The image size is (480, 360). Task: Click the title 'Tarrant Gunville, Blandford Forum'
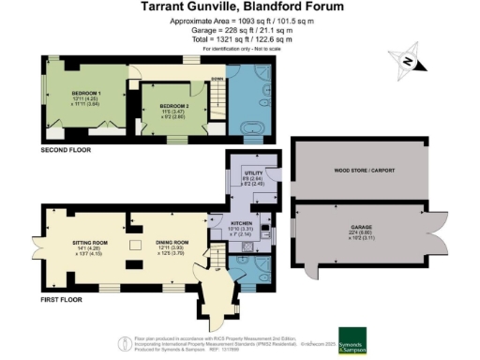coord(239,7)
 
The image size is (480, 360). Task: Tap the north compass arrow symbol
coord(409,62)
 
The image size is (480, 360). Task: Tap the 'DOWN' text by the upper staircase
coord(217,80)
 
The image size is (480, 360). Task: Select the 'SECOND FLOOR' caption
coord(65,150)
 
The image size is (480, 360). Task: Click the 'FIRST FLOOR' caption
coord(60,300)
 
